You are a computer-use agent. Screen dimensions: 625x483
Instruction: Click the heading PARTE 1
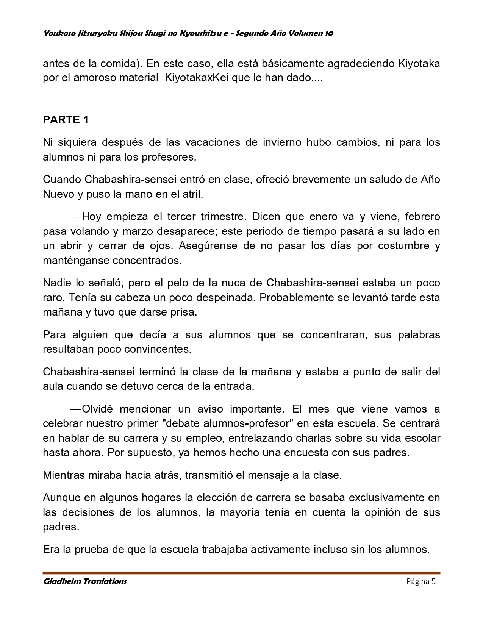[x=66, y=120]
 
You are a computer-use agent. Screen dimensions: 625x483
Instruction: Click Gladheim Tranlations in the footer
[x=85, y=581]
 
